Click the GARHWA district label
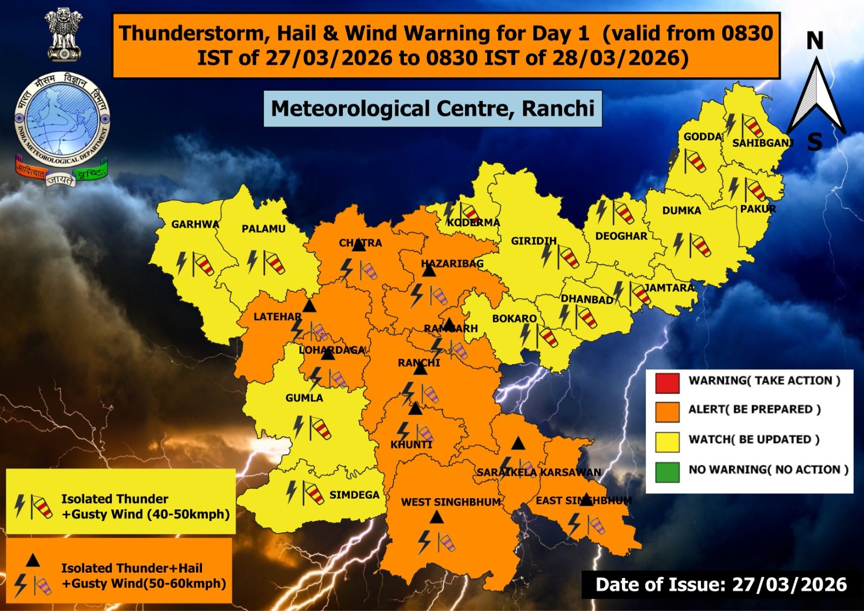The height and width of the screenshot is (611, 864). click(x=195, y=224)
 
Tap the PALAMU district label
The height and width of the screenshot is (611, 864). click(x=264, y=229)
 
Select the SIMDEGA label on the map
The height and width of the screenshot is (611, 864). click(x=354, y=495)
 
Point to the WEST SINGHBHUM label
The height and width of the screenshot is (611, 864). click(x=451, y=502)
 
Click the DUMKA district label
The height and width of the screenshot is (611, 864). click(x=681, y=211)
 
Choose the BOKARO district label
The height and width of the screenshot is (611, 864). click(x=514, y=319)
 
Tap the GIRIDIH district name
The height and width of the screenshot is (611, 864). click(x=534, y=241)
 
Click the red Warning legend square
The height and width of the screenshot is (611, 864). click(x=667, y=382)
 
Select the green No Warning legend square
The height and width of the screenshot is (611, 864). click(x=667, y=472)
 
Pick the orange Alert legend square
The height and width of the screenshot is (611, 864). click(x=667, y=412)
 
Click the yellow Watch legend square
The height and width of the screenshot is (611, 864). click(x=667, y=442)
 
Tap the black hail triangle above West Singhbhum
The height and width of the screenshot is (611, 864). click(x=437, y=518)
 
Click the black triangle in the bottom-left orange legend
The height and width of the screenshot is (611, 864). click(x=33, y=561)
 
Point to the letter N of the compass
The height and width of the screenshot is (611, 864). click(x=815, y=41)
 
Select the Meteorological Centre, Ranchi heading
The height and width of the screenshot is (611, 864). click(x=433, y=109)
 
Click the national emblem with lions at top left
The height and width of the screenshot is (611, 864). click(x=64, y=35)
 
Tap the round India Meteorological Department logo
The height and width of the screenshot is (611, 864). click(x=62, y=122)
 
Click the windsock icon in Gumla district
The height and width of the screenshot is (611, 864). click(x=320, y=428)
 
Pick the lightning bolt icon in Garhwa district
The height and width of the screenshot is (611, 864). click(x=182, y=263)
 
